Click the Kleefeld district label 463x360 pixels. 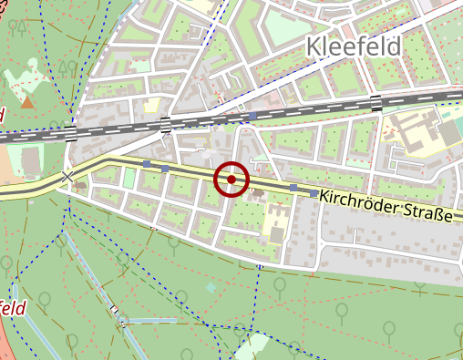click(355, 46)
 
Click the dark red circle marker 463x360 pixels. click(231, 180)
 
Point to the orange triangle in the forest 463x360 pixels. click(27, 102)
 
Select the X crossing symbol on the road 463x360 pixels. click(67, 176)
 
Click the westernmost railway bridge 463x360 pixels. click(71, 134)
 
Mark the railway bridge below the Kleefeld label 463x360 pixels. click(376, 102)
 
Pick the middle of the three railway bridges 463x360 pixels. click(165, 125)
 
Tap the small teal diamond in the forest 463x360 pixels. click(211, 287)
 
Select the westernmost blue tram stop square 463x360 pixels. click(146, 163)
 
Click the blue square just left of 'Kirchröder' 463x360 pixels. click(314, 193)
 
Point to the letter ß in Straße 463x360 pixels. click(437, 215)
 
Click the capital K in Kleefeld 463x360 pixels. click(314, 46)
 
